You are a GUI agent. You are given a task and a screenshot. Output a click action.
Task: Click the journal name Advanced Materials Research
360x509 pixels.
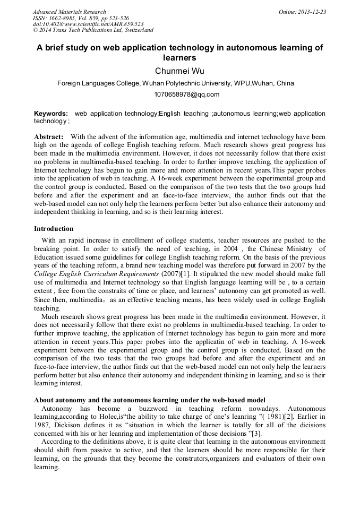(x=69, y=12)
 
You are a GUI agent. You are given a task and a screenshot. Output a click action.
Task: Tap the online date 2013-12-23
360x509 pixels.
(x=313, y=12)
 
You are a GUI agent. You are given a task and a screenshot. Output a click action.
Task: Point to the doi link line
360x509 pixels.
(x=88, y=24)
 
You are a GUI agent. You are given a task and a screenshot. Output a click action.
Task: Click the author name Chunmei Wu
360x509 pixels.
(x=179, y=71)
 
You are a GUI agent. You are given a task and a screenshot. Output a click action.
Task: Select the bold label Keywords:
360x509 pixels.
(x=51, y=114)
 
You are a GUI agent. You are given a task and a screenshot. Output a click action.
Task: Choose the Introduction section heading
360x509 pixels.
(x=54, y=229)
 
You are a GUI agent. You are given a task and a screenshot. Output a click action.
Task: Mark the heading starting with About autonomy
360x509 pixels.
(x=150, y=399)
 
